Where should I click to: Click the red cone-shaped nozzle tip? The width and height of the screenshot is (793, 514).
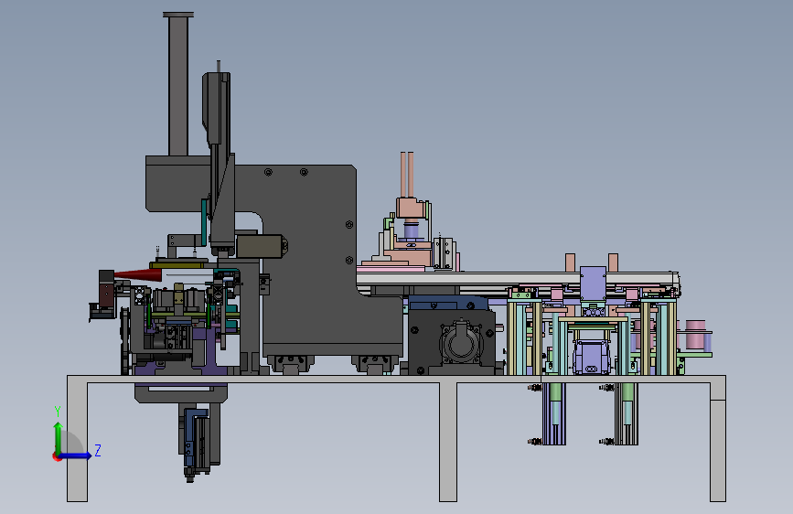137,274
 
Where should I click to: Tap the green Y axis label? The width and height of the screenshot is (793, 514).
58,412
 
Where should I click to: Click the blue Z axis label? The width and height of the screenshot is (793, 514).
98,450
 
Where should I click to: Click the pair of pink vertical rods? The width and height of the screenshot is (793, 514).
407,175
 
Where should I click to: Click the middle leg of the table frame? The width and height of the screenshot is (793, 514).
448,442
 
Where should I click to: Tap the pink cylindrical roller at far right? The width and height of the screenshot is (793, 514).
695,334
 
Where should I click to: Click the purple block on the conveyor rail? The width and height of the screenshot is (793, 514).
593,284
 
